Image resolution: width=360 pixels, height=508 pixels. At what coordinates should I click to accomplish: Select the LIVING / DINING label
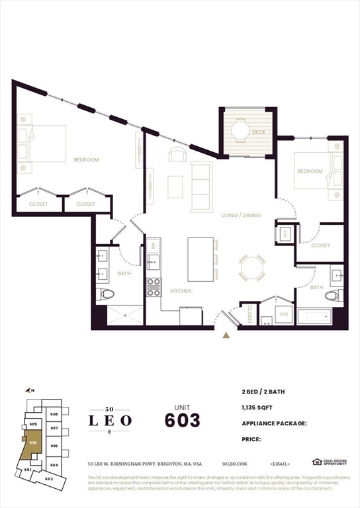241,216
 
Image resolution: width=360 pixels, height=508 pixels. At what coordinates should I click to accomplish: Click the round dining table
252,268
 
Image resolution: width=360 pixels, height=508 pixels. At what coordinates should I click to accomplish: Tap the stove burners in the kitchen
154,286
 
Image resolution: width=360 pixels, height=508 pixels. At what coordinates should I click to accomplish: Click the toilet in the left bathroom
107,294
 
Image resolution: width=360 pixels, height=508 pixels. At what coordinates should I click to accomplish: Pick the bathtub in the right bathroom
313,315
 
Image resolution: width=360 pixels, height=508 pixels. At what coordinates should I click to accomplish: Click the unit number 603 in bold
182,419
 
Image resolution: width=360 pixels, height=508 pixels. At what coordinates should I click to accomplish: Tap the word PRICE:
251,439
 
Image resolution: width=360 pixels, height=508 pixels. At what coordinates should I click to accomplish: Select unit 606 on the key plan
54,446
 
